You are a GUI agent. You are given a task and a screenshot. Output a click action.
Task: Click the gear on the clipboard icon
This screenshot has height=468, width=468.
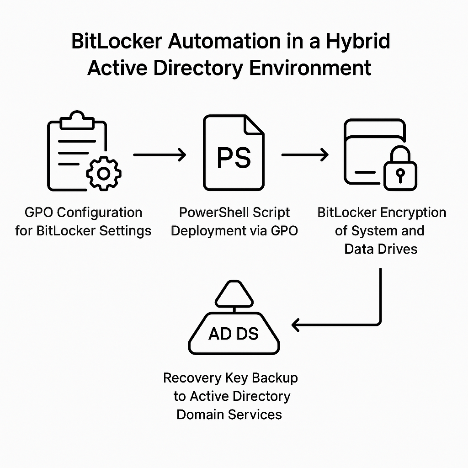pos(104,173)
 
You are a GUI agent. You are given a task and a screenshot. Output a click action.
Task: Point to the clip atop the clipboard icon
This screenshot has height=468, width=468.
pos(77,118)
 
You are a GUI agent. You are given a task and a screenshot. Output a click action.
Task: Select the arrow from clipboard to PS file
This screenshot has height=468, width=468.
pos(160,155)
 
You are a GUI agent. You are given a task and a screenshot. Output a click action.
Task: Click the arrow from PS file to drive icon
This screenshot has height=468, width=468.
pos(305,155)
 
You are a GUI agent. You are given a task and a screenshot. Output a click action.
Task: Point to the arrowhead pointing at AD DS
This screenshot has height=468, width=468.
pos(297,325)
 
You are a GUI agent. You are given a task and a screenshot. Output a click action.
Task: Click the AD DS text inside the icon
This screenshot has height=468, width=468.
pos(234,334)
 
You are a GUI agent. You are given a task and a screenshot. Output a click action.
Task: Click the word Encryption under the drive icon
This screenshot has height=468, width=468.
pos(414,213)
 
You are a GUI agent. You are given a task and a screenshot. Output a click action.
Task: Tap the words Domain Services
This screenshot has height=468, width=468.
pos(229,415)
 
